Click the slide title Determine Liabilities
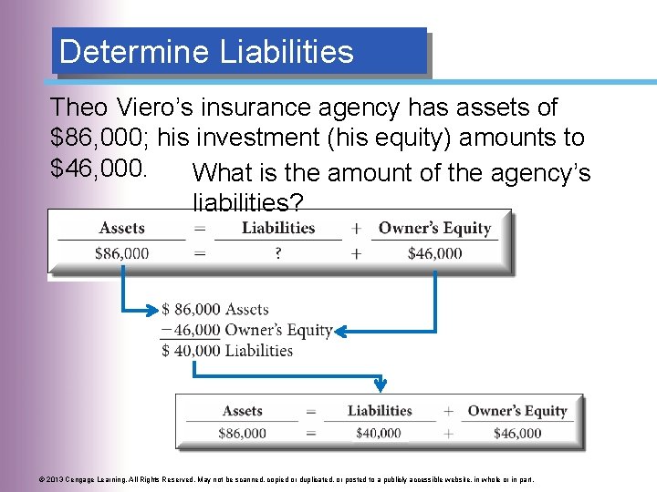(206, 51)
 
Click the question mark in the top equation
(277, 253)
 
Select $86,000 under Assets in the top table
(121, 253)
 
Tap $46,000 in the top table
(434, 253)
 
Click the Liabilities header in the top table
(277, 228)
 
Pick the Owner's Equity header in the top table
(434, 228)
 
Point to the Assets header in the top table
(121, 228)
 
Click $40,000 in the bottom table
(379, 434)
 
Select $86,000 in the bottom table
(243, 434)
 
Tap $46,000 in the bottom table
(517, 434)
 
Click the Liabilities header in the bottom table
(380, 411)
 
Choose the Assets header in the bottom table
(243, 411)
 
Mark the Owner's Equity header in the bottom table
(517, 411)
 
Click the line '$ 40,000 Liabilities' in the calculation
(226, 351)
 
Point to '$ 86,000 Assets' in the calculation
(215, 310)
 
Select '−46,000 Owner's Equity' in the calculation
(246, 330)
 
